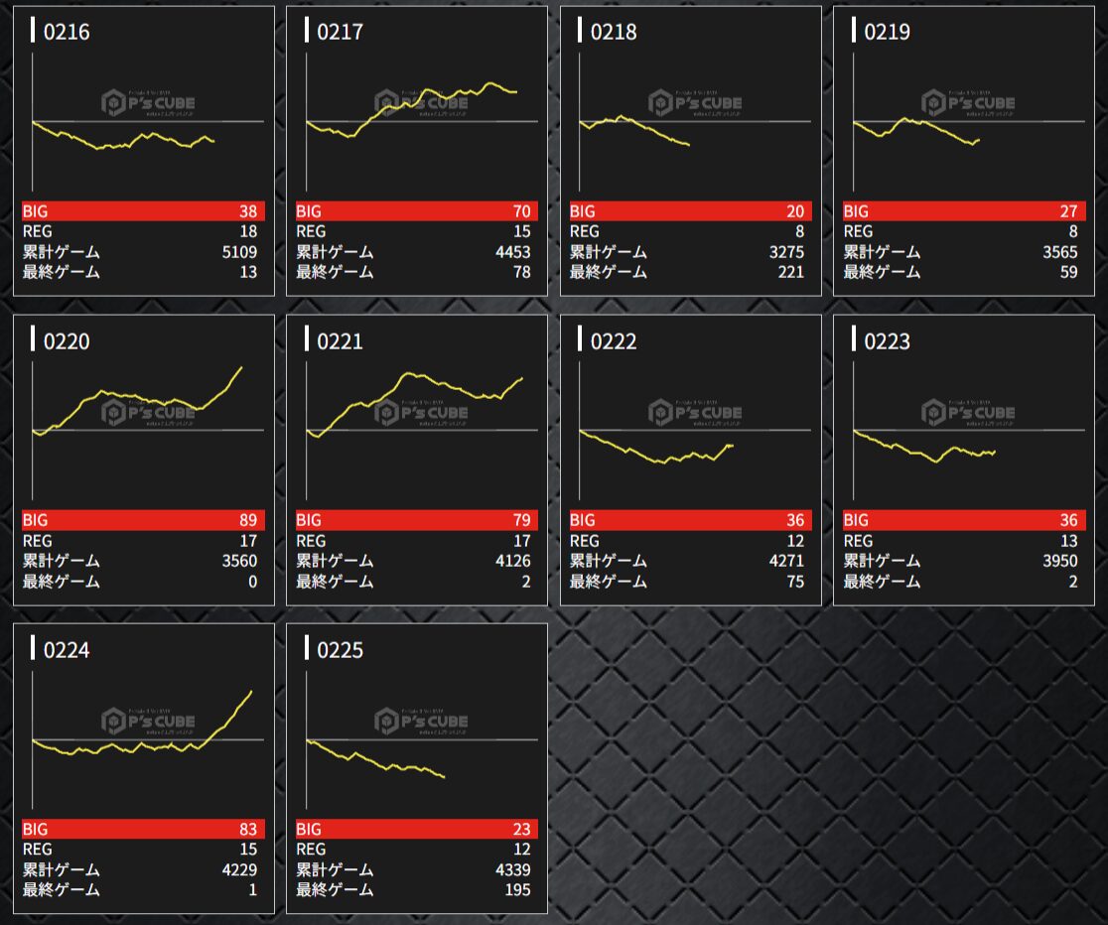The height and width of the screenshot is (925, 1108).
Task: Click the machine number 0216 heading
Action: pyautogui.click(x=67, y=33)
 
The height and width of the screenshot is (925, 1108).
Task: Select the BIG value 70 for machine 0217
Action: pyautogui.click(x=521, y=211)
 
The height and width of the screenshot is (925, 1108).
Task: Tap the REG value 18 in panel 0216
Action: pyautogui.click(x=248, y=231)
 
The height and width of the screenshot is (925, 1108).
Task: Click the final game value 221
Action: pyautogui.click(x=791, y=272)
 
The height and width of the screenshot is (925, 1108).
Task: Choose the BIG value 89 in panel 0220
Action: pyautogui.click(x=248, y=520)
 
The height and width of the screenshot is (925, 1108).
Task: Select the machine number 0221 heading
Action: pyautogui.click(x=340, y=341)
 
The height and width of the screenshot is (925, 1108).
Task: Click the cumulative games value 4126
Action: pyautogui.click(x=513, y=561)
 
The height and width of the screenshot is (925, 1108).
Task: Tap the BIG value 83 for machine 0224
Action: pyautogui.click(x=248, y=829)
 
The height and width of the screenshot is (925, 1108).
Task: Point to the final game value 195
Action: pyautogui.click(x=517, y=889)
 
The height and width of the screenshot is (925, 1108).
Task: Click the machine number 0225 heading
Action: pyautogui.click(x=340, y=650)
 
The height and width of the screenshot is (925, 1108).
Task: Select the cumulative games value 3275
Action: pyautogui.click(x=786, y=252)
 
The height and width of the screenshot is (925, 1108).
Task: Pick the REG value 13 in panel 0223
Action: pyautogui.click(x=1068, y=540)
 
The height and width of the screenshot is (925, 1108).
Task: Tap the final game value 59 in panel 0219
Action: pyautogui.click(x=1068, y=272)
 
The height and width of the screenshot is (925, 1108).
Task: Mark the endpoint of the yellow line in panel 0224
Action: pyautogui.click(x=251, y=692)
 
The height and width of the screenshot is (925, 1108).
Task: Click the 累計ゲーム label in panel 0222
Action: pyautogui.click(x=608, y=561)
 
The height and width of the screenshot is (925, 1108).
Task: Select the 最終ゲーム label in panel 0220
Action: pyautogui.click(x=61, y=582)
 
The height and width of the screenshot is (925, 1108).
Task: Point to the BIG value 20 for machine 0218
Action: pyautogui.click(x=795, y=211)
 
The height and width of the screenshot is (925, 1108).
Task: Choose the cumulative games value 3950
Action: pyautogui.click(x=1059, y=561)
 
